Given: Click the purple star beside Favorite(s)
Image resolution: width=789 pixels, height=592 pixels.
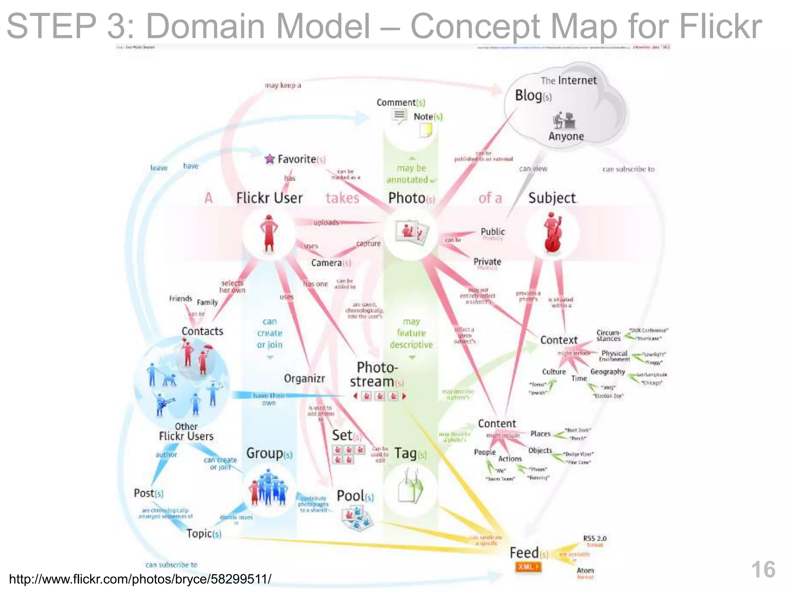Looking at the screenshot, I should pos(270,159).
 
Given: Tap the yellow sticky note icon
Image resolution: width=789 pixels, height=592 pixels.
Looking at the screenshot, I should pos(426,130).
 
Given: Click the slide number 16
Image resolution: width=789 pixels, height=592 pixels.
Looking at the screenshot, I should pos(763,570).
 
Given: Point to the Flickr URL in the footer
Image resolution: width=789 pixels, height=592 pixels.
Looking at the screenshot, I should pos(140,579).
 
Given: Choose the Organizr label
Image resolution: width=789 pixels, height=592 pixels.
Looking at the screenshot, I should pos(304,378).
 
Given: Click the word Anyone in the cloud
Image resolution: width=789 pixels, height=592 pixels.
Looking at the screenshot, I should pos(566,136).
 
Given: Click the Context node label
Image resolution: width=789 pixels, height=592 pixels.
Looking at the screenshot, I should pos(559,340).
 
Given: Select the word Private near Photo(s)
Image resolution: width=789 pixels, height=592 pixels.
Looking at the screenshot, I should pos(487,262).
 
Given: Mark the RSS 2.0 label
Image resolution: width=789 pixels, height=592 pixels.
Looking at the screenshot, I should pos(594,538).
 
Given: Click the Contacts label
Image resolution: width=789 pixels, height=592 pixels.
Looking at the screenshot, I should pos(202,331).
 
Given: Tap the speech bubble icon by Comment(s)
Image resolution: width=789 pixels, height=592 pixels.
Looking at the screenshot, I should pos(400,116).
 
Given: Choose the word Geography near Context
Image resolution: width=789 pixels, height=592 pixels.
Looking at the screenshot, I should pos(608,372).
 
